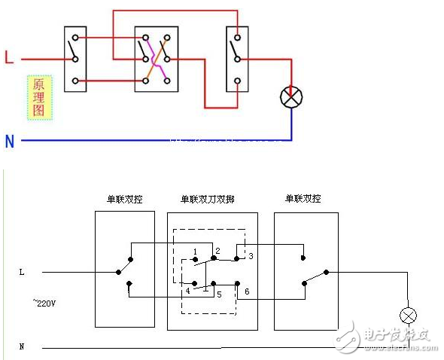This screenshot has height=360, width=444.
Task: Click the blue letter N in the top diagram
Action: tap(9, 140)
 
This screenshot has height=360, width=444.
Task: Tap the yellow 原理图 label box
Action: tap(37, 98)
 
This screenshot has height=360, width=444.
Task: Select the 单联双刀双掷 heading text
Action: tap(207, 200)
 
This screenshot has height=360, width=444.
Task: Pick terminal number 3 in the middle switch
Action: tap(250, 256)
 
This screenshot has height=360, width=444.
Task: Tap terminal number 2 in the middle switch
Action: tap(217, 250)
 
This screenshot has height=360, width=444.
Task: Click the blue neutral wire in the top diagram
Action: tap(151, 140)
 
